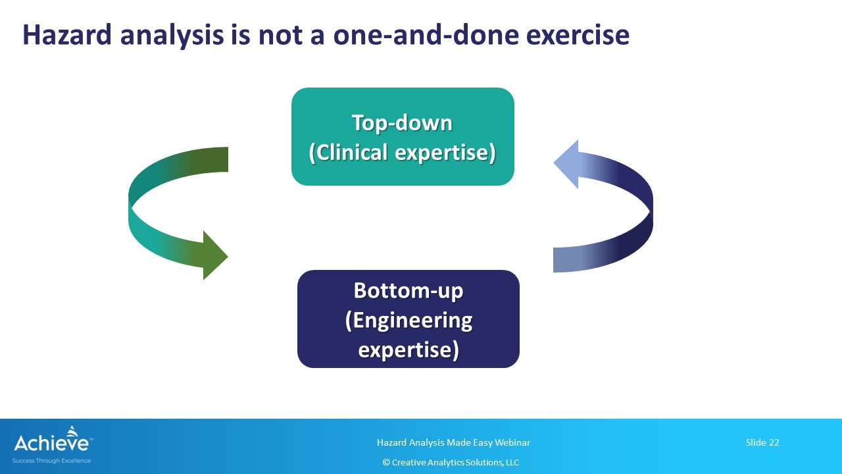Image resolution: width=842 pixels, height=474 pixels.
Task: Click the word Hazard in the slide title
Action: [x=67, y=35]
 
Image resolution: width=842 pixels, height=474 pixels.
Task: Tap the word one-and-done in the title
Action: [x=425, y=35]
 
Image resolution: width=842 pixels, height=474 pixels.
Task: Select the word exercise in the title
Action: [x=578, y=35]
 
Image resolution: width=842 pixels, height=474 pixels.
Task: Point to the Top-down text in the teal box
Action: [x=402, y=123]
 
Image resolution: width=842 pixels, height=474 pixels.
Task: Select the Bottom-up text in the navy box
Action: [x=409, y=291]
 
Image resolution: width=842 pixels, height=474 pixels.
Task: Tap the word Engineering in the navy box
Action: [x=412, y=321]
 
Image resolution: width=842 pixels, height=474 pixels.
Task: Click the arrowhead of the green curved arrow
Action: [x=215, y=255]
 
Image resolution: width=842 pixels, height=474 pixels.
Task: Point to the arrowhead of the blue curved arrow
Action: [x=566, y=164]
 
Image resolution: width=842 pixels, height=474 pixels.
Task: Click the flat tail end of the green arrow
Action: [x=227, y=159]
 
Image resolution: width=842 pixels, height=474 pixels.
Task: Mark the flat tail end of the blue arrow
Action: [x=555, y=260]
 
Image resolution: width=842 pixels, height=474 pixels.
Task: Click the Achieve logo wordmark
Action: [x=51, y=443]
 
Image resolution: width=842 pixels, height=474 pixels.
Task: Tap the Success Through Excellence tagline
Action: [x=51, y=461]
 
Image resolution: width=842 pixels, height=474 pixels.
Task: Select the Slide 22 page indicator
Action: [x=762, y=442]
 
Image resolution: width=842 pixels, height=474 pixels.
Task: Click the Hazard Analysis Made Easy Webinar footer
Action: [x=453, y=443]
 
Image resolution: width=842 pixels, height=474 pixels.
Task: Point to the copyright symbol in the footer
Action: [x=386, y=462]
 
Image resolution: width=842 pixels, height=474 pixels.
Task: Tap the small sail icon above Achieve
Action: [x=72, y=431]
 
